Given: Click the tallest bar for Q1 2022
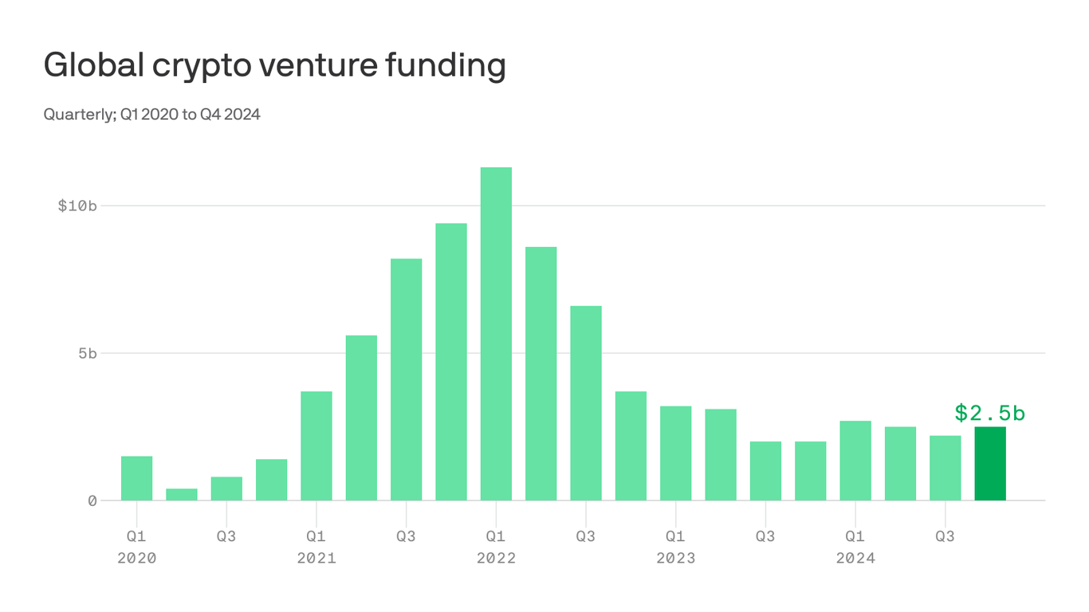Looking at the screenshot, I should [496, 334].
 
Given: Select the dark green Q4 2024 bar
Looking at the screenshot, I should [989, 464].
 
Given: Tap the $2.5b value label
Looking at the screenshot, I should [989, 413].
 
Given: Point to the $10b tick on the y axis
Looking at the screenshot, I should [77, 206].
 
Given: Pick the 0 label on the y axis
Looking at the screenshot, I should [92, 500].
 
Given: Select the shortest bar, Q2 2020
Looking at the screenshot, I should [182, 494].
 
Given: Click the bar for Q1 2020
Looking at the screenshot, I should [136, 478].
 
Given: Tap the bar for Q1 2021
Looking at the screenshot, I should [316, 445].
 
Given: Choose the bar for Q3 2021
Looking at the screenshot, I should [406, 379].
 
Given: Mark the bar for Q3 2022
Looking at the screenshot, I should [586, 403].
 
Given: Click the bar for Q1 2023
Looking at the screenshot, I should [675, 453].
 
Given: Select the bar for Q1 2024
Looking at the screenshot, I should [855, 461].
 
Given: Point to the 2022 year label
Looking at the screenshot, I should [496, 559].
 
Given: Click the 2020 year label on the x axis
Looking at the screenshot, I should [137, 559].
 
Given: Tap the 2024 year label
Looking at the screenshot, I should [855, 559].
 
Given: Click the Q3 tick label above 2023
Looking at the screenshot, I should [765, 536].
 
